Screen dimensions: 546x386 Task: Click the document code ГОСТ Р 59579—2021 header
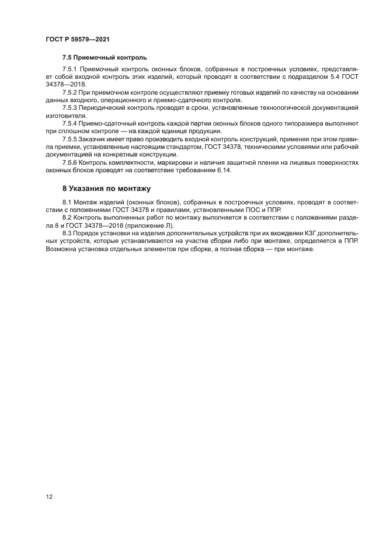(78, 39)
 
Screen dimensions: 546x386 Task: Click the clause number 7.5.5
(69, 139)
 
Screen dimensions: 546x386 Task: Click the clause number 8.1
(67, 202)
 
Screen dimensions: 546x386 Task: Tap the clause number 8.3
(67, 234)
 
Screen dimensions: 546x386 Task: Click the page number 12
(49, 496)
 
